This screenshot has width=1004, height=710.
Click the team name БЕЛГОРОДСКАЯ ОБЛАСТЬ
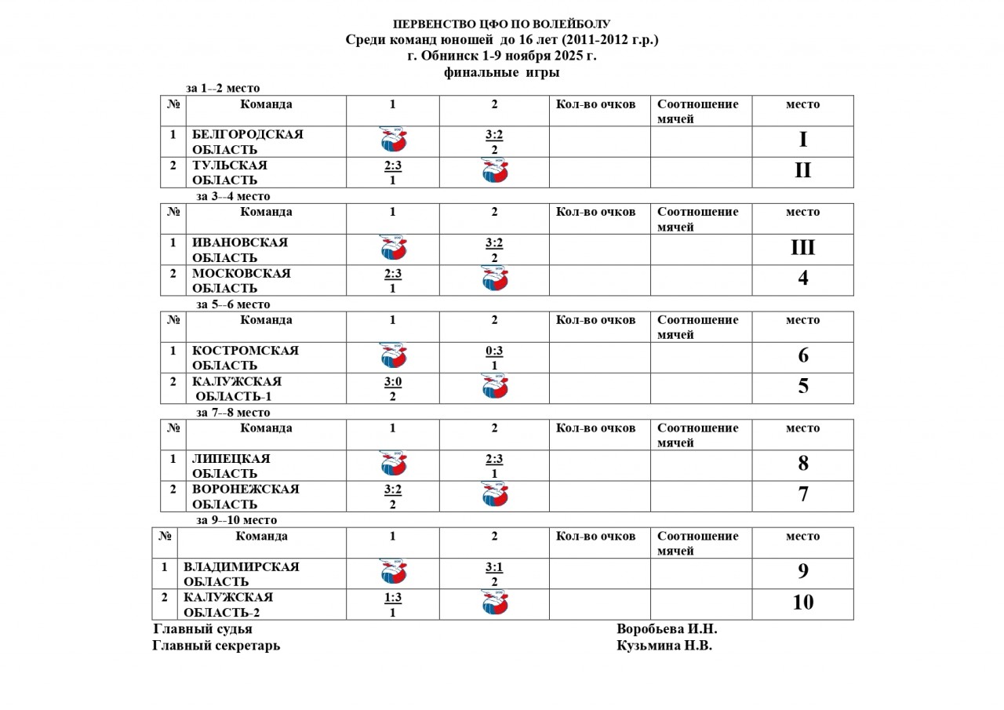[x=247, y=142]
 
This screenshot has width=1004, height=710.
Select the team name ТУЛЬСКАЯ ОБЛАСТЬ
[x=230, y=173]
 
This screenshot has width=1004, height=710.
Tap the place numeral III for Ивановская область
[x=802, y=248]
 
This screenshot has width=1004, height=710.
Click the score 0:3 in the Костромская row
[x=494, y=351]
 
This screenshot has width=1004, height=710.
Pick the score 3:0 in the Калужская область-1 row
[x=393, y=382]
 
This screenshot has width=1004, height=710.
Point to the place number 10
[x=802, y=603]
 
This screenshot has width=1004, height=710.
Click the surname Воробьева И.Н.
[x=667, y=629]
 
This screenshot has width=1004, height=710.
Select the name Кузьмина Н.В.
[x=664, y=646]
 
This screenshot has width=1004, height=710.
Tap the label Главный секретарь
[x=216, y=646]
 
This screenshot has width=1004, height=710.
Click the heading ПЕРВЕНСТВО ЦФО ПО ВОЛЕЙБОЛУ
[x=501, y=24]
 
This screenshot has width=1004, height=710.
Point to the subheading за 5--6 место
[x=233, y=304]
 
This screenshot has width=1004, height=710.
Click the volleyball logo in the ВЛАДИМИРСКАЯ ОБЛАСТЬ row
[x=393, y=572]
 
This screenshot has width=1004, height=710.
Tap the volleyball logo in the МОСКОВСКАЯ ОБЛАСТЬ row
[x=495, y=279]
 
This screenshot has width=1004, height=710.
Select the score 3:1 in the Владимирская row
[x=494, y=567]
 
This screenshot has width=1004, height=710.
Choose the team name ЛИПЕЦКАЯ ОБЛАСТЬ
[x=231, y=466]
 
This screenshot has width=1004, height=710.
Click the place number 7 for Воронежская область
[x=802, y=494]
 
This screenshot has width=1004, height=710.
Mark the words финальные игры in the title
[x=501, y=72]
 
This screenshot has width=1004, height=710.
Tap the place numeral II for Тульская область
[x=802, y=171]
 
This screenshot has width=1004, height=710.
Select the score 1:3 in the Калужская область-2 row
[x=393, y=598]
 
